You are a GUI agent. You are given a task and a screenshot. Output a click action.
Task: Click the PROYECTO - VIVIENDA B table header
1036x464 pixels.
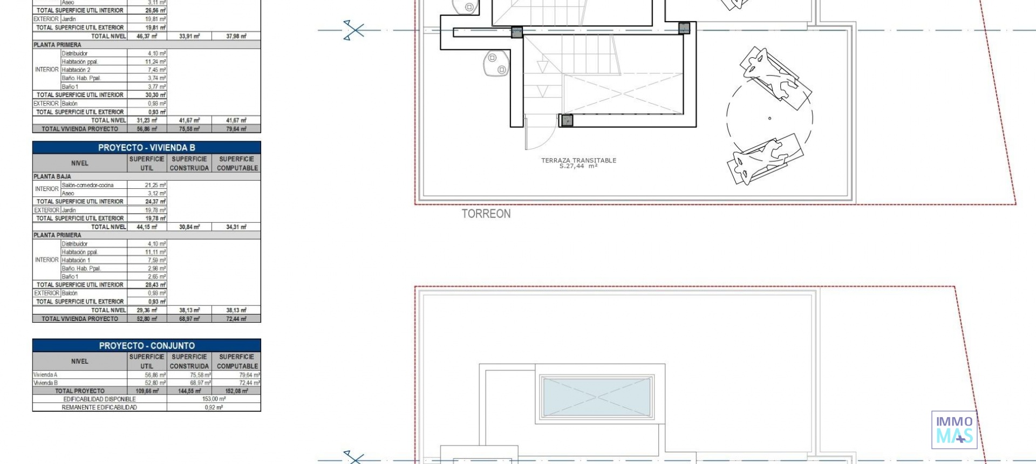click(146, 147)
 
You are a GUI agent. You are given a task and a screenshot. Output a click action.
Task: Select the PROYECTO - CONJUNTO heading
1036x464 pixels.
click(146, 345)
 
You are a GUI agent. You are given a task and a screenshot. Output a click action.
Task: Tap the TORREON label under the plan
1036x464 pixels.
click(486, 214)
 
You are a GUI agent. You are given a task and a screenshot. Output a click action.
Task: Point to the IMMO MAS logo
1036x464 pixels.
click(954, 430)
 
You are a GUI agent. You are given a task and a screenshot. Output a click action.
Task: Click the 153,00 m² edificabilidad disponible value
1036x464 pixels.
click(214, 399)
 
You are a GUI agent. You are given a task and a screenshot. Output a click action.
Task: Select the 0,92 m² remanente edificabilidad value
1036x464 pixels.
click(214, 407)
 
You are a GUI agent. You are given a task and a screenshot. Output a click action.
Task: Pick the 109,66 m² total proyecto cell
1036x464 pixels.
click(147, 391)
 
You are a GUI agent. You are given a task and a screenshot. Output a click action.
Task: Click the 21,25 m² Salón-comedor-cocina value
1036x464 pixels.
click(155, 185)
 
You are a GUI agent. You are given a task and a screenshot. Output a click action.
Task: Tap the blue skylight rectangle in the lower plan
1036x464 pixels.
click(596, 397)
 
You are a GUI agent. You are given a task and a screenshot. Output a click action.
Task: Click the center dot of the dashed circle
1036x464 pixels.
click(769, 118)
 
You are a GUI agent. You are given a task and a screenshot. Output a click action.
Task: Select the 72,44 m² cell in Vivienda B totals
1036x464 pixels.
click(236, 319)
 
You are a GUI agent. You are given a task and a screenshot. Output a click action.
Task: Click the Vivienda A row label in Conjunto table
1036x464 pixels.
click(45, 374)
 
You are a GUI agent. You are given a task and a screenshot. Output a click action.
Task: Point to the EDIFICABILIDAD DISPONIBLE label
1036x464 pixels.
click(99, 399)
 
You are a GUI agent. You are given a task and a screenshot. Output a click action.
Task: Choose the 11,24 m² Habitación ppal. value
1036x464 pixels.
click(155, 62)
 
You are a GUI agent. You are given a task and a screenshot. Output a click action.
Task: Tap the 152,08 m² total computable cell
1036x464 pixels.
click(236, 391)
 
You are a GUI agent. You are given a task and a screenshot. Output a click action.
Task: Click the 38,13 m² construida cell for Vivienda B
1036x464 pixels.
click(189, 310)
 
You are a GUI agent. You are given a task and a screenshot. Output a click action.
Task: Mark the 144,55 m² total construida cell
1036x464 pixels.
click(189, 391)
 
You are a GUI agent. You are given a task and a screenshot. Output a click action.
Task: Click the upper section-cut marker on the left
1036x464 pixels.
click(354, 30)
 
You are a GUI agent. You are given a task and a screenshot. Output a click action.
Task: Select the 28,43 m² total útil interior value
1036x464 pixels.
click(155, 284)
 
